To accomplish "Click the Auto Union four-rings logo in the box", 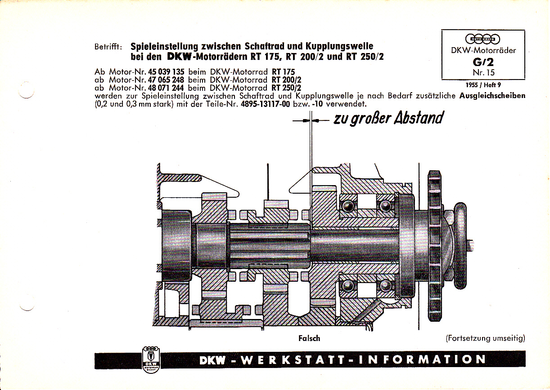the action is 482,39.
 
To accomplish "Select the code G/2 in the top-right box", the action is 483,62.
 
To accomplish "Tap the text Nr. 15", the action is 484,72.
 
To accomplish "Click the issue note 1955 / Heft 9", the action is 483,85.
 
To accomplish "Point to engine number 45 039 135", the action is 166,72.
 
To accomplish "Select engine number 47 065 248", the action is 166,80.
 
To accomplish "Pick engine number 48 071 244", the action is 166,88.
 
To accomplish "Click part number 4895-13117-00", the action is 266,104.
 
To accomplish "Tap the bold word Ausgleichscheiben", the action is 492,96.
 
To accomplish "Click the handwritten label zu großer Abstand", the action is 388,119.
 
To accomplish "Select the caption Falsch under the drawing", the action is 309,338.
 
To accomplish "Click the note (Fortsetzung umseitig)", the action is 486,338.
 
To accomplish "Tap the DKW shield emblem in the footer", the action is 151,359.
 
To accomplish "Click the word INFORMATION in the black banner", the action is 422,359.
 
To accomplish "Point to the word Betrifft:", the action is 108,47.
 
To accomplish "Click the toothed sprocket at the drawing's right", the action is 435,246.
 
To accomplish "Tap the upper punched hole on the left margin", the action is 26,90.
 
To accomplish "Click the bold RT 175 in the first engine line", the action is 283,72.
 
